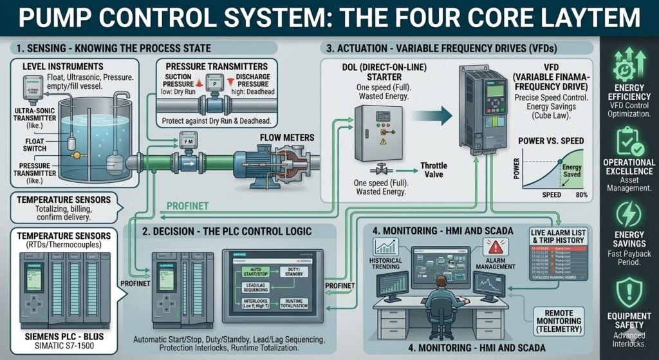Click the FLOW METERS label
(288, 137)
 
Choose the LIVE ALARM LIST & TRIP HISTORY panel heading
(558, 235)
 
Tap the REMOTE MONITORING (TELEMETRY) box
(558, 320)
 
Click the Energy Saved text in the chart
(571, 171)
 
